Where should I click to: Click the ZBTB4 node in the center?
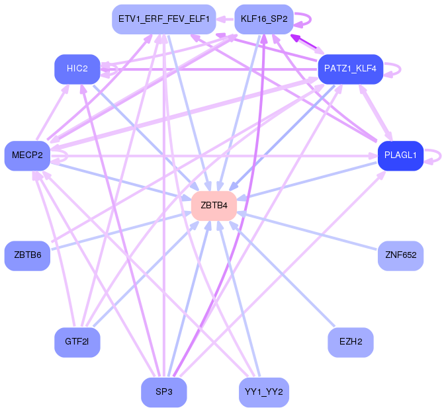pos(214,206)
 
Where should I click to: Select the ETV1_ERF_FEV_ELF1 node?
pos(163,19)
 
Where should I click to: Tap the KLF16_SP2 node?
pos(264,19)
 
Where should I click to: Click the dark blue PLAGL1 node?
pos(400,155)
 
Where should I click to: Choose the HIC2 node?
pos(77,69)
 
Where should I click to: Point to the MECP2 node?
pos(27,155)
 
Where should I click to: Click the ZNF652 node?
pos(400,255)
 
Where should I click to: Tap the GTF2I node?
pos(77,342)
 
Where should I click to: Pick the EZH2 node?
pos(351,342)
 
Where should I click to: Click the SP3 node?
pos(163,392)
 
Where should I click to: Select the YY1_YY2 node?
pos(264,392)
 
